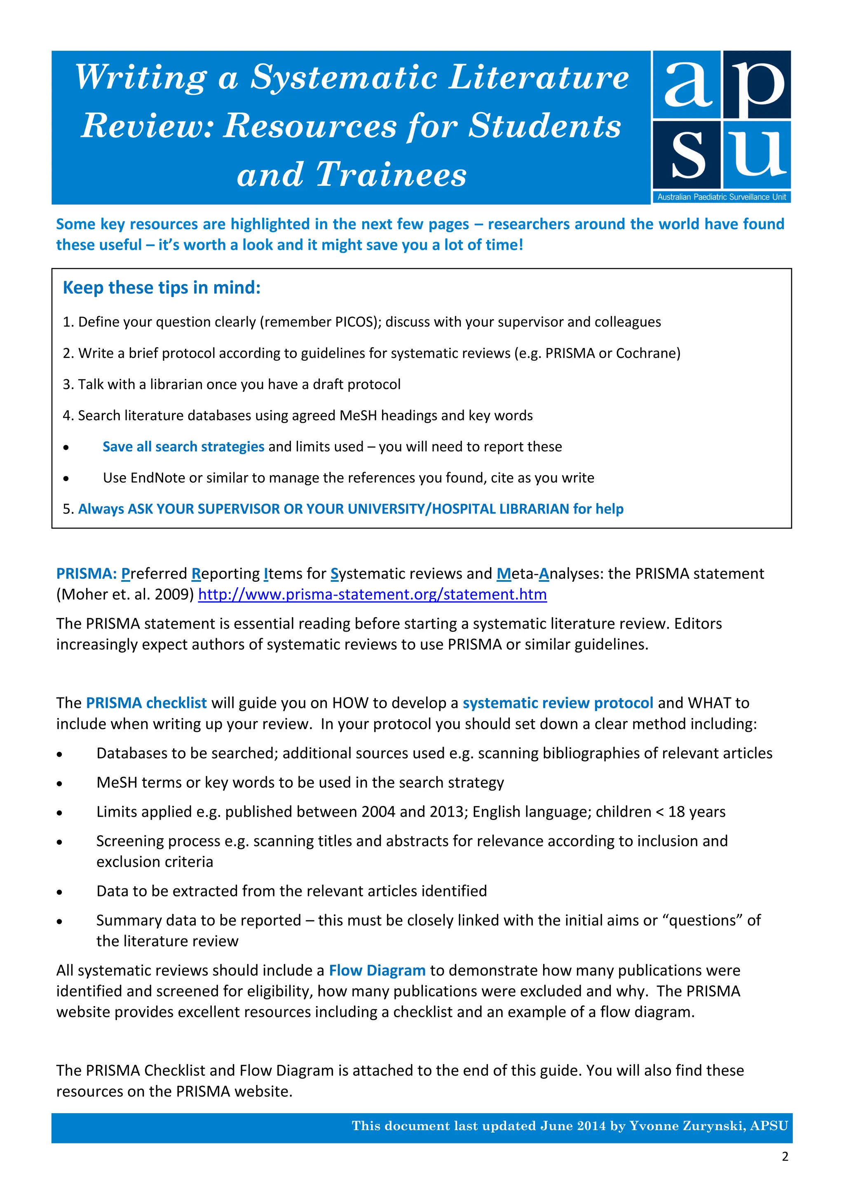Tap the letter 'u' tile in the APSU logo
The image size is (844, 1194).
pos(757,155)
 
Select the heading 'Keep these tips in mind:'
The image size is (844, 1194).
pos(162,288)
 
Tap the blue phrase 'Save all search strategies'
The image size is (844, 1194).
pos(183,447)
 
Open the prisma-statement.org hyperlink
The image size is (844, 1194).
pos(372,595)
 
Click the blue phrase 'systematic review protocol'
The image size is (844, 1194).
pos(558,703)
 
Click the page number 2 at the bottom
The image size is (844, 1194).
pos(785,1156)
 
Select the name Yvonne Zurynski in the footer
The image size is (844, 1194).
pos(687,1126)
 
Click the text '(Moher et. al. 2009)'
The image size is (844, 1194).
pos(125,595)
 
